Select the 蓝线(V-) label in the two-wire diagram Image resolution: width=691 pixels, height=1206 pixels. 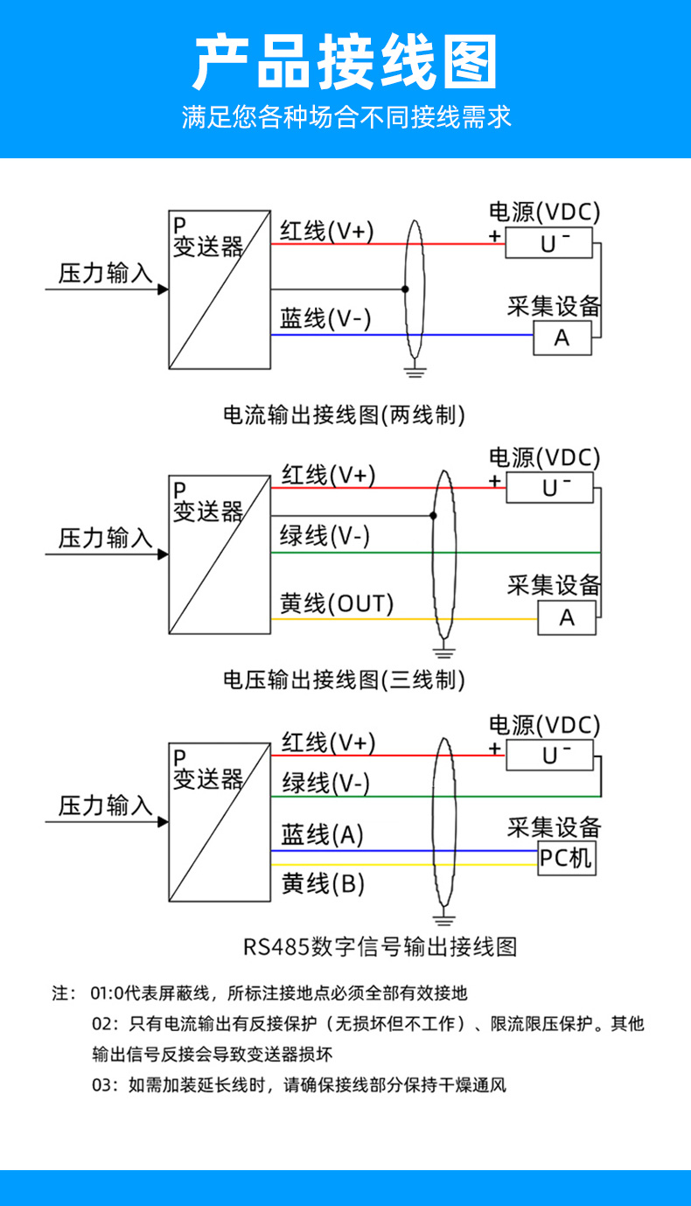325,318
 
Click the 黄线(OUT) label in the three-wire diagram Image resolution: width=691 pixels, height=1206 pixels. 337,603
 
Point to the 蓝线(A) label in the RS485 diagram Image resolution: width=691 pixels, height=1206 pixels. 322,835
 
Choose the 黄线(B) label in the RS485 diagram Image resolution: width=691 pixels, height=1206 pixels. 323,884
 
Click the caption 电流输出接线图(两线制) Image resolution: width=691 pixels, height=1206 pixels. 345,414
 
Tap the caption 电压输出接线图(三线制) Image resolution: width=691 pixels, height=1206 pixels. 345,679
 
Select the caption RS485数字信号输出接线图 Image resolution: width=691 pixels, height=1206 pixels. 380,945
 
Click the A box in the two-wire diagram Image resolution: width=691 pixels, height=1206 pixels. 562,338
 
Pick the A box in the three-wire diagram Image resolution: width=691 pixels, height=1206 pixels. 567,617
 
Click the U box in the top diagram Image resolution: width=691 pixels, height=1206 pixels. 549,243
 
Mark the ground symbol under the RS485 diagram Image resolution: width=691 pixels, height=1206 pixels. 445,918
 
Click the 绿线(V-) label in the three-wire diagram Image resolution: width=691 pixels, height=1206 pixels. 325,535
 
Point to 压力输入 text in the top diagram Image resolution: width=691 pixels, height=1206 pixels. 106,274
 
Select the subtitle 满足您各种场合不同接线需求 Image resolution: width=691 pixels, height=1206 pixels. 345,117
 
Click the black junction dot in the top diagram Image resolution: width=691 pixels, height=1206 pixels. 405,289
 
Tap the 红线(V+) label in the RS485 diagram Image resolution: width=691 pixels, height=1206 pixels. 328,742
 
